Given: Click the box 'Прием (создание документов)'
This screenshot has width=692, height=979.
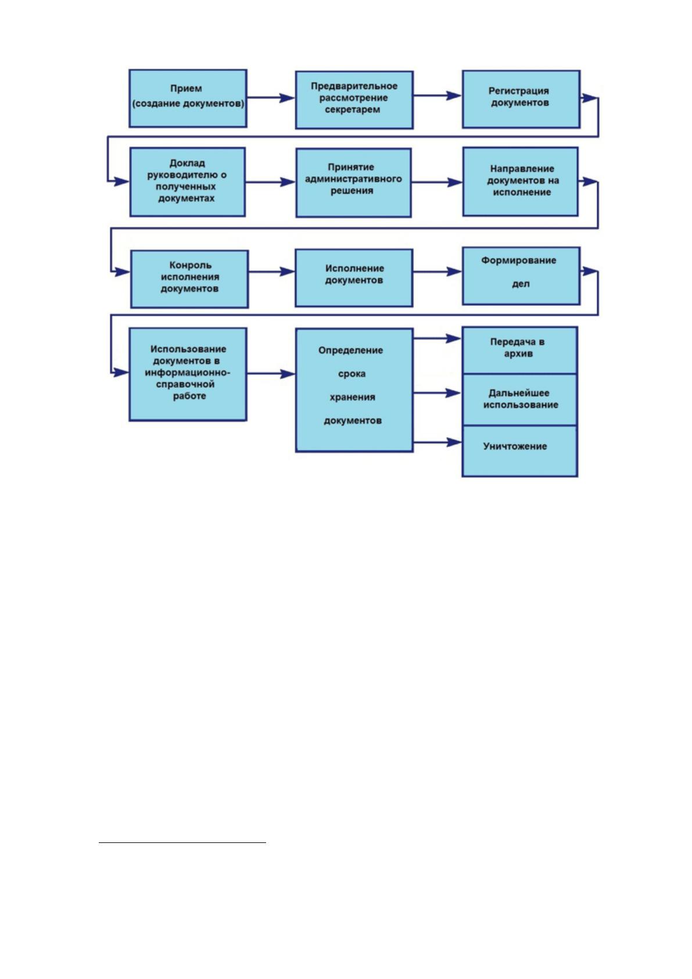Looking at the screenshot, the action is [x=188, y=98].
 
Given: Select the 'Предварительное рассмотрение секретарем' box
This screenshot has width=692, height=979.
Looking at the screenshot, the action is [x=354, y=99].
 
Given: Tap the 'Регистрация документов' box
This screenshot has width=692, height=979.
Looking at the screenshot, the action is [x=521, y=99].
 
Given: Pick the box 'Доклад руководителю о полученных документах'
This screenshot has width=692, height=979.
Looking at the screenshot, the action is [x=188, y=182].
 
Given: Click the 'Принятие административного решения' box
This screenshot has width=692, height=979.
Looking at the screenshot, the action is [x=353, y=183].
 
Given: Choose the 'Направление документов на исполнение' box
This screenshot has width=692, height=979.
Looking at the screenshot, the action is [x=521, y=181].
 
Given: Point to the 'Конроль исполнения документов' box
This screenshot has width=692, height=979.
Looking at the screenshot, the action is [x=189, y=279].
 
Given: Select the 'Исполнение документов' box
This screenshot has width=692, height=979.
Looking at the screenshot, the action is [x=354, y=278].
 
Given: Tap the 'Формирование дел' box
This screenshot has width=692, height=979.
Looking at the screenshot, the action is [x=521, y=276].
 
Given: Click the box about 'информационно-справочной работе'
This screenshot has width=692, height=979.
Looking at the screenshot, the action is [x=188, y=374].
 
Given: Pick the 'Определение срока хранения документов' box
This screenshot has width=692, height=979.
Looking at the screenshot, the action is [x=354, y=390].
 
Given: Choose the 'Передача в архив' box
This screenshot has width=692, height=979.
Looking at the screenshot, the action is [x=520, y=350].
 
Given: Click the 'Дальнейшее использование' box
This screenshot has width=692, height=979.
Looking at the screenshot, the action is [x=520, y=400].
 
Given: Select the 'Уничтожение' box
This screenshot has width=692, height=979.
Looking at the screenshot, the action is [x=520, y=451].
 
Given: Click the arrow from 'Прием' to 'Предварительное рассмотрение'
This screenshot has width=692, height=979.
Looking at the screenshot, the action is [x=271, y=98].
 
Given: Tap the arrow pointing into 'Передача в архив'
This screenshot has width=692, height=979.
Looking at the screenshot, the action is [x=438, y=338].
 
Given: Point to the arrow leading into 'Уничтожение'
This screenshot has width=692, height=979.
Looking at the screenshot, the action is [x=438, y=442].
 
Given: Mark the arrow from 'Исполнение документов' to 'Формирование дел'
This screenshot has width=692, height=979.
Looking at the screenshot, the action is [x=438, y=272].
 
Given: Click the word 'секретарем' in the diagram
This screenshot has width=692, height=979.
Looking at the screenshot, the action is [x=353, y=110].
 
